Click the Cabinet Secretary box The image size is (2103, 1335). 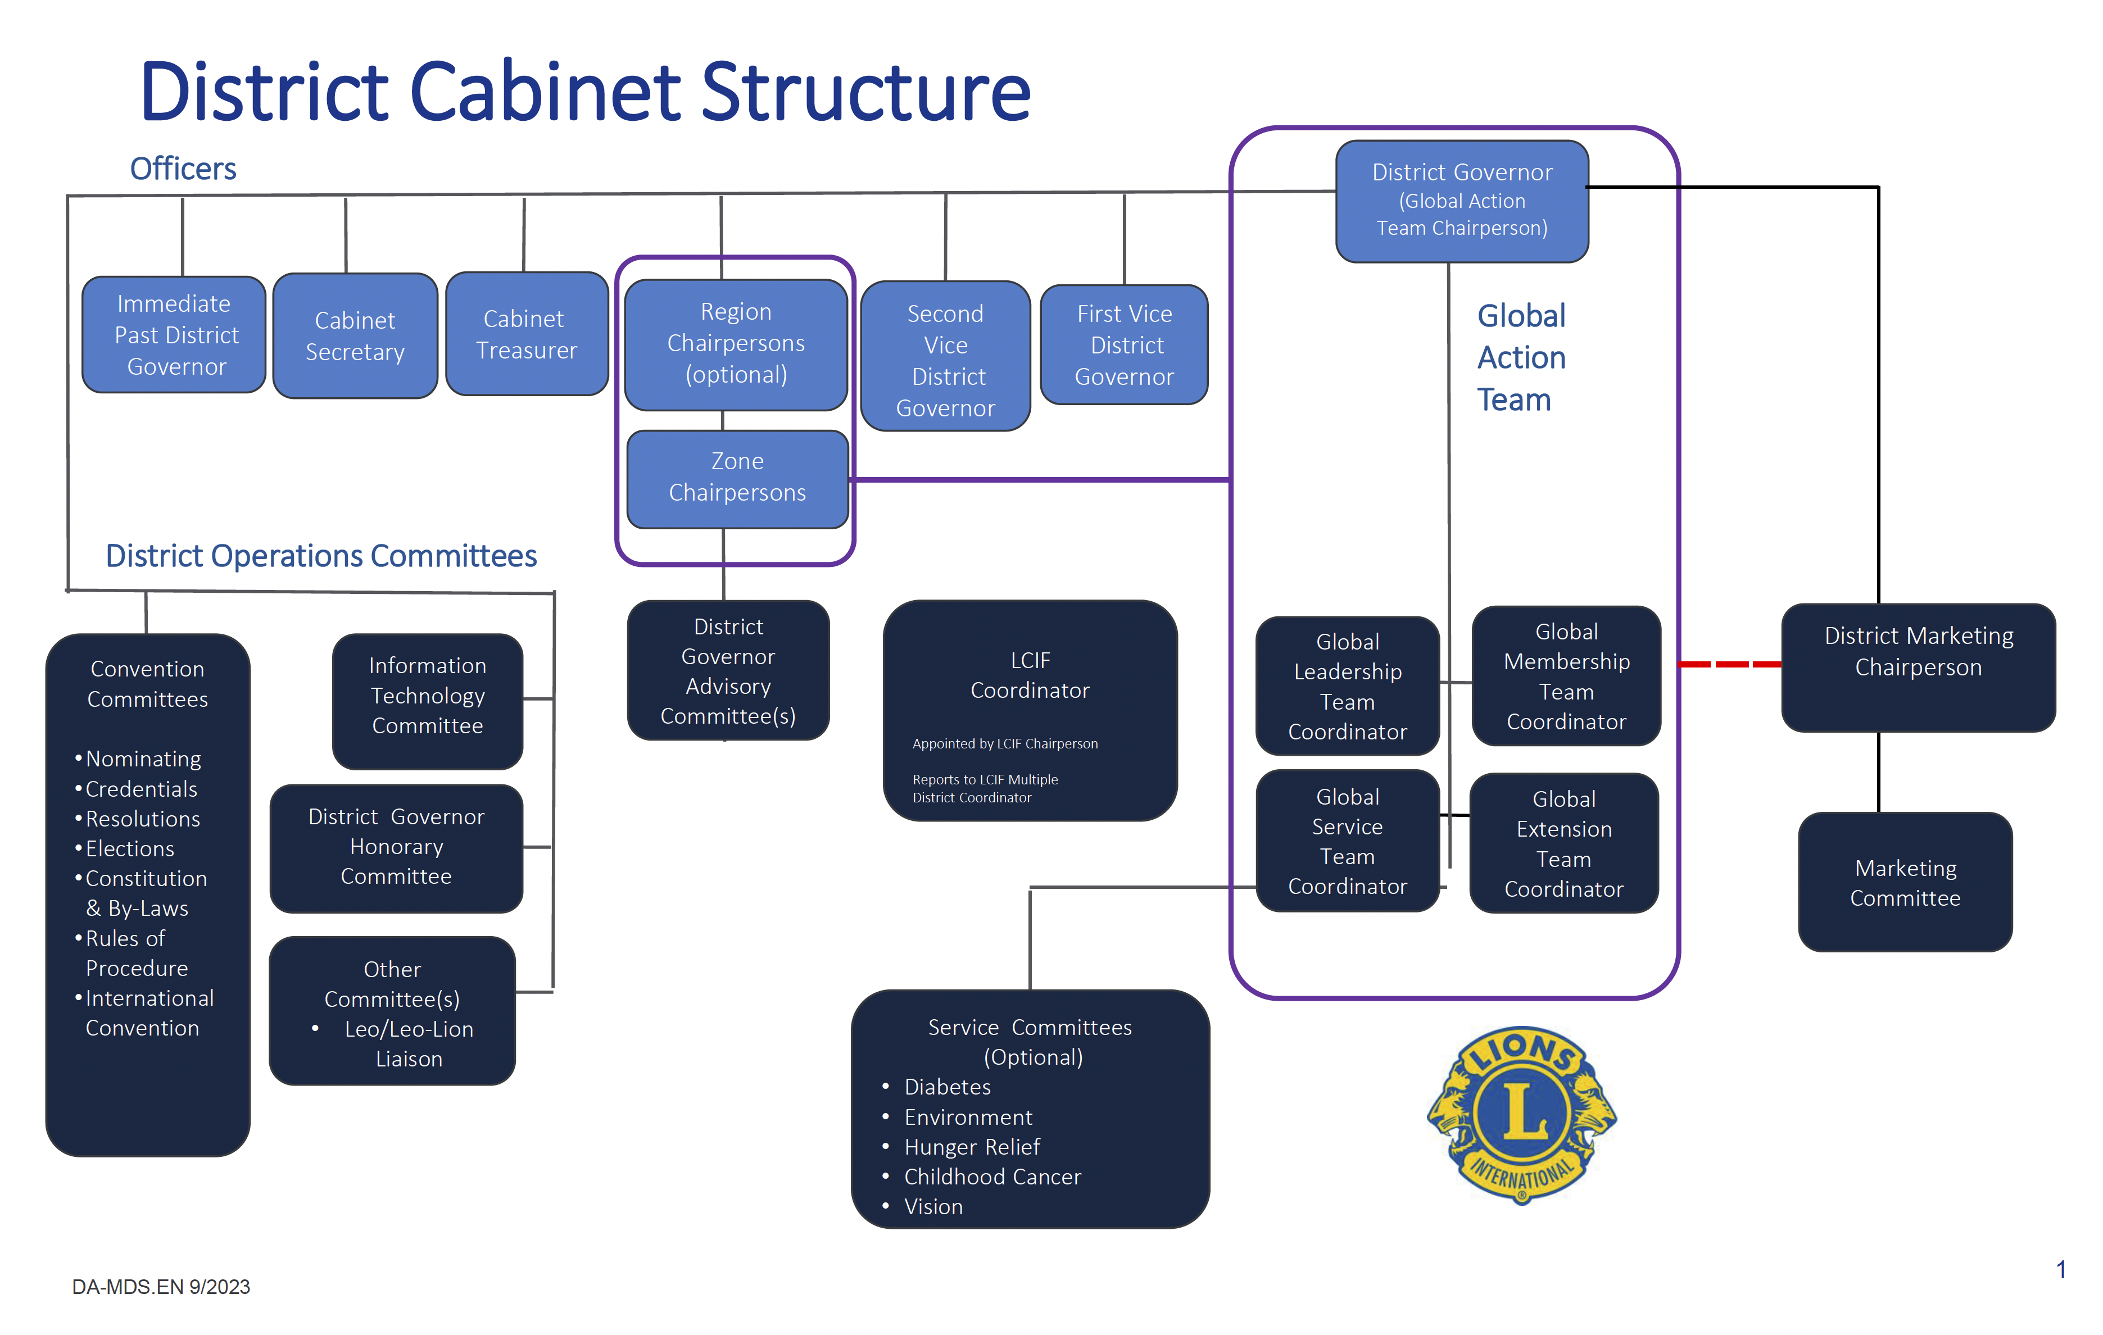tap(355, 336)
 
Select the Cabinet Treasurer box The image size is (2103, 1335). tap(527, 334)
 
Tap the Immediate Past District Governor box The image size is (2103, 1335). tap(175, 335)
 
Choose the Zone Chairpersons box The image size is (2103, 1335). tap(737, 479)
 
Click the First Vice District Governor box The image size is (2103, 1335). tap(1124, 345)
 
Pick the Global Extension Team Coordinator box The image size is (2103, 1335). tap(1563, 843)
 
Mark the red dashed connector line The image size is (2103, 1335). tap(1729, 665)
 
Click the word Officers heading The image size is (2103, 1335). tap(183, 169)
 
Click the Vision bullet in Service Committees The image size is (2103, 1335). tap(933, 1207)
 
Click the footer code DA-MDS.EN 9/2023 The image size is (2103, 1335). tap(161, 1287)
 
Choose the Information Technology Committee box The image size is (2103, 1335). tap(427, 696)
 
